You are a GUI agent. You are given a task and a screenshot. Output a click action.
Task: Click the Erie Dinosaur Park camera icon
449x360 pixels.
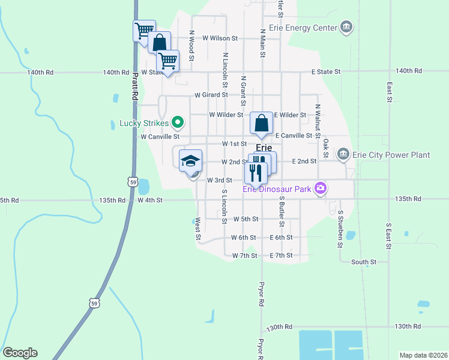tap(321, 188)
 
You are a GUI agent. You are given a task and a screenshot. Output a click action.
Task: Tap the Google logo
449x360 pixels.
tap(20, 353)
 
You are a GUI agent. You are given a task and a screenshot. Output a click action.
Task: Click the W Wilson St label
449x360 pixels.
tap(220, 38)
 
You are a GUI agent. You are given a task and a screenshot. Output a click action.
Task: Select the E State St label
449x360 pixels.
tap(325, 71)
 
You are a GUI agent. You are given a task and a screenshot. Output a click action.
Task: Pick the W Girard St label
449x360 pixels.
tap(211, 94)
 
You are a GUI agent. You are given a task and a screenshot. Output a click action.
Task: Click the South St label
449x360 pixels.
tap(364, 262)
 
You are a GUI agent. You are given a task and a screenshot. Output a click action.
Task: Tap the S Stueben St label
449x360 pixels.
tap(340, 229)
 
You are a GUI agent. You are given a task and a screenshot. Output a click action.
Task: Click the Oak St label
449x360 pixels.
tap(326, 145)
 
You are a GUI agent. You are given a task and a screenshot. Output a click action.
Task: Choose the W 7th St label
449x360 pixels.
tap(244, 256)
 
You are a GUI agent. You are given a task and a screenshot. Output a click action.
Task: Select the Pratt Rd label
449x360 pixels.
tap(136, 86)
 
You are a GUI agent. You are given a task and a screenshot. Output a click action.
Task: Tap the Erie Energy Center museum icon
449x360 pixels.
tap(346, 27)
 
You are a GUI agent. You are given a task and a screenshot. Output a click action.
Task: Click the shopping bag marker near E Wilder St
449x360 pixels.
tap(261, 123)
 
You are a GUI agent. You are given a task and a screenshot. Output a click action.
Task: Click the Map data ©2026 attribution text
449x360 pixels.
tap(423, 355)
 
